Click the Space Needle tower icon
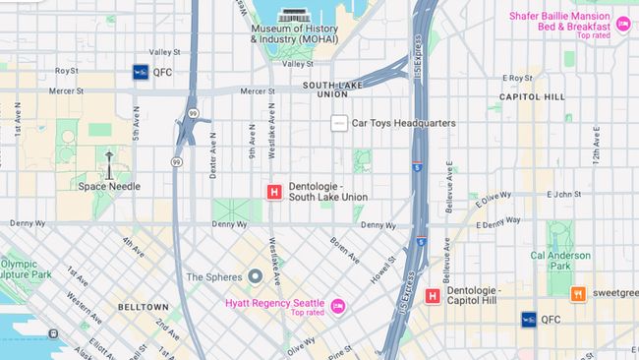pos(109,164)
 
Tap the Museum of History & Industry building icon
pos(293,17)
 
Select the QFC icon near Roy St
pos(141,71)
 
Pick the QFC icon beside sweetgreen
pos(529,319)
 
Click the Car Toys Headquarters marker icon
pos(339,123)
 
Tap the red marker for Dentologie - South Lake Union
pos(274,192)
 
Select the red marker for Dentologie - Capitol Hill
pos(433,296)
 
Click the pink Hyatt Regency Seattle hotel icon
pos(337,307)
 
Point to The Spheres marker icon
pos(255,277)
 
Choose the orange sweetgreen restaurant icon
pos(578,293)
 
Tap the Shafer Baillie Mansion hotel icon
pos(623,23)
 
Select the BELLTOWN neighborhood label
pos(144,307)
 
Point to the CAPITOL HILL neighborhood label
pos(532,97)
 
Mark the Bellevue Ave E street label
pos(448,189)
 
